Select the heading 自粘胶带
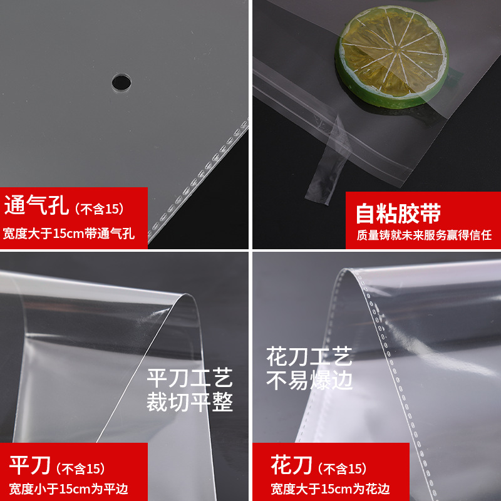[x=398, y=213]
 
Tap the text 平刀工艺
[x=189, y=379]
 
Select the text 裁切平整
[x=189, y=403]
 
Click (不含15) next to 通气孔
[x=99, y=208]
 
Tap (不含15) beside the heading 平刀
[x=80, y=468]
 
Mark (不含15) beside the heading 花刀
[x=342, y=468]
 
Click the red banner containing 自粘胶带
[x=423, y=220]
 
